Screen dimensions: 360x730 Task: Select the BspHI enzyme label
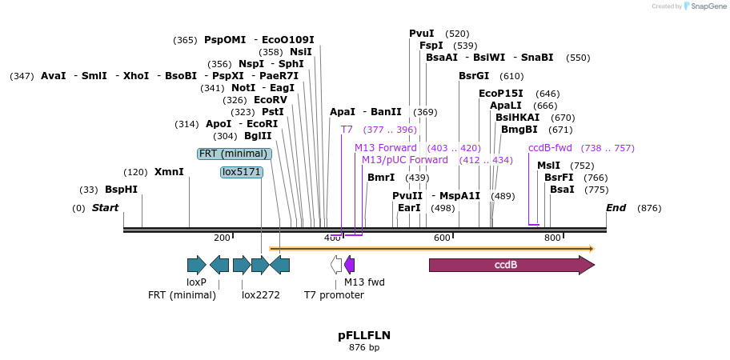pyautogui.click(x=121, y=190)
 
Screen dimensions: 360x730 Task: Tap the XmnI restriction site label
pyautogui.click(x=169, y=172)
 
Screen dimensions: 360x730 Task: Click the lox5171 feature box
pyautogui.click(x=242, y=172)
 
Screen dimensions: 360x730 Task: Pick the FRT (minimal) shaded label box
pyautogui.click(x=235, y=154)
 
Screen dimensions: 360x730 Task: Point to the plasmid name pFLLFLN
pyautogui.click(x=364, y=335)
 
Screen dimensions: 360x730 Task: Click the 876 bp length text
pyautogui.click(x=364, y=347)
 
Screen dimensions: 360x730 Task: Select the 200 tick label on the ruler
pyautogui.click(x=222, y=238)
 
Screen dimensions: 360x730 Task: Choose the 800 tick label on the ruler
pyautogui.click(x=552, y=238)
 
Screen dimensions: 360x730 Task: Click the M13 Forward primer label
pyautogui.click(x=386, y=148)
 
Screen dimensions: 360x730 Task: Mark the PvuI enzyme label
pyautogui.click(x=422, y=34)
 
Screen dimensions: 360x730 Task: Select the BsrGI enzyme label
pyautogui.click(x=474, y=76)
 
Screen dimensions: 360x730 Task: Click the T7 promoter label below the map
pyautogui.click(x=334, y=295)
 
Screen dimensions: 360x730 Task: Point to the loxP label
pyautogui.click(x=196, y=282)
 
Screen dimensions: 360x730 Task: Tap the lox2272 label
pyautogui.click(x=261, y=295)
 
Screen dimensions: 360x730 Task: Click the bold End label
pyautogui.click(x=616, y=208)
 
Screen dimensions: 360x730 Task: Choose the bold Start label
pyautogui.click(x=105, y=208)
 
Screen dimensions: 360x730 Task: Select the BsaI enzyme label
pyautogui.click(x=562, y=190)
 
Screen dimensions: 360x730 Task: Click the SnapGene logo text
pyautogui.click(x=705, y=6)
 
